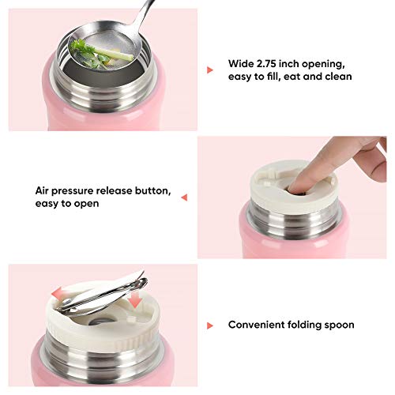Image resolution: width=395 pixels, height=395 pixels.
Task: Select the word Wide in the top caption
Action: pos(241,63)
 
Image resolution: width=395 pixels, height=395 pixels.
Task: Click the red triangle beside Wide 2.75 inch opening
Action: pos(210,70)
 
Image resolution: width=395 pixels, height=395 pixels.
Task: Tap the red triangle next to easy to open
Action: pos(184,197)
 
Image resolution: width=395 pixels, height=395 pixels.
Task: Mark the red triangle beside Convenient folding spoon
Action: pos(210,325)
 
